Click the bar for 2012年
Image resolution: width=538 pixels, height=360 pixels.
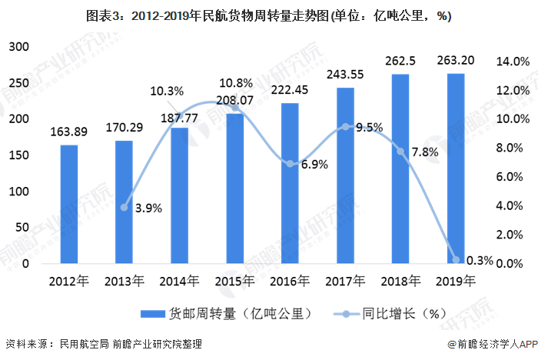click(x=69, y=204)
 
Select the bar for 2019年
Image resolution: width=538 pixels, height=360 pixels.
click(x=456, y=168)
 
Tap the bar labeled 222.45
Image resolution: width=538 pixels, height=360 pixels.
click(x=290, y=183)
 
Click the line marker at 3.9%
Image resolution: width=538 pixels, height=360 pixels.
click(x=125, y=208)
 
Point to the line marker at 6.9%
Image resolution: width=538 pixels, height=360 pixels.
click(x=290, y=164)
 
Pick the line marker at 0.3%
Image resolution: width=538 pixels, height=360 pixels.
click(x=456, y=260)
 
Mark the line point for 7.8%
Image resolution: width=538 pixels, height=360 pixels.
click(x=400, y=151)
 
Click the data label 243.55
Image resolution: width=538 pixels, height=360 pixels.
click(x=345, y=75)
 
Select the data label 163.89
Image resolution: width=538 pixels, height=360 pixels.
click(x=69, y=132)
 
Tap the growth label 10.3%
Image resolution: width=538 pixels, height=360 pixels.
click(x=167, y=92)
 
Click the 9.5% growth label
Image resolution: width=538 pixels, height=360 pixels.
click(x=369, y=128)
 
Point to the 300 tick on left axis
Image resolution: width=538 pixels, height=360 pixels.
click(x=19, y=47)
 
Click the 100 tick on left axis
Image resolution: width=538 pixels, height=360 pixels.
click(x=19, y=192)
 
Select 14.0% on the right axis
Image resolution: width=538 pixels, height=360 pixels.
click(x=513, y=62)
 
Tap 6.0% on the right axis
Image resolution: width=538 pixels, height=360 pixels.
click(x=510, y=177)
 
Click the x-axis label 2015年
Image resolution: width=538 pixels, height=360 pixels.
click(x=234, y=282)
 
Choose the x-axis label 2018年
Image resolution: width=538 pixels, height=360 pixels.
click(x=400, y=282)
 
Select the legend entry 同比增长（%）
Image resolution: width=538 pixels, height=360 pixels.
click(x=390, y=314)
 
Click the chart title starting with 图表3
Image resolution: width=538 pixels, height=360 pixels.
click(x=269, y=16)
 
